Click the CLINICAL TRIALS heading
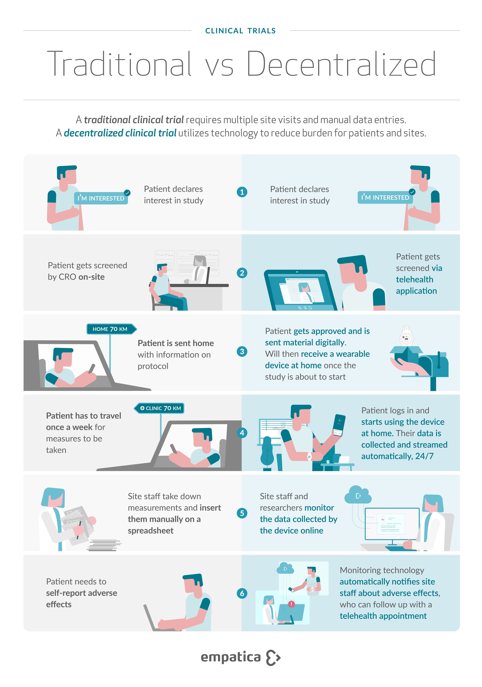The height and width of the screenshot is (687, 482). [x=240, y=31]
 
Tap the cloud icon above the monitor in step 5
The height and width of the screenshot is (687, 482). [x=358, y=495]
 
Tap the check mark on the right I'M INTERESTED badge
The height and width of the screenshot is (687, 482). [x=412, y=192]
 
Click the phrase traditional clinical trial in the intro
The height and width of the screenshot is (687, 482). [x=134, y=120]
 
